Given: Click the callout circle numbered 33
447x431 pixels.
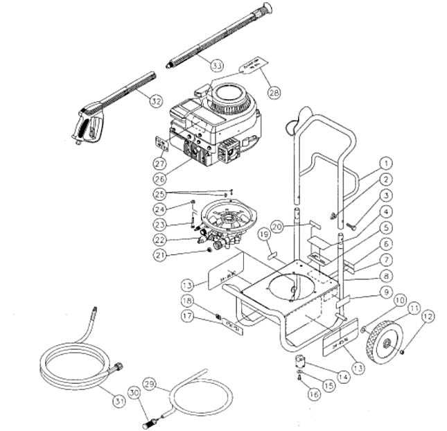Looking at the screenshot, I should coord(217,66).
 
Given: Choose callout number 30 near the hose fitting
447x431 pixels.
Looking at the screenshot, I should coord(135,392).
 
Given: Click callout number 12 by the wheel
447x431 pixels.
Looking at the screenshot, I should coord(428,317).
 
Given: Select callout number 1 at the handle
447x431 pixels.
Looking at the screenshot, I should coord(385,164).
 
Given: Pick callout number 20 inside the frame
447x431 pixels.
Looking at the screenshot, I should coord(277,226).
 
